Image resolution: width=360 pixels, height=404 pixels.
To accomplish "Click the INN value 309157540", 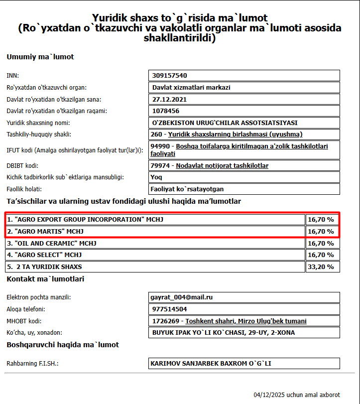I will click(169, 76).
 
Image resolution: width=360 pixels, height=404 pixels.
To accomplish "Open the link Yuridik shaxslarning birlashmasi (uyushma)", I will click(235, 134).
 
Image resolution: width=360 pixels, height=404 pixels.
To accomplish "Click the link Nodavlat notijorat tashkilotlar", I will click(222, 165).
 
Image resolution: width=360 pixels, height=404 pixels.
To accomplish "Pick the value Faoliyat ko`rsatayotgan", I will click(187, 189).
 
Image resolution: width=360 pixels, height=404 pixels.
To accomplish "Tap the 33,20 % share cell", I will click(321, 267).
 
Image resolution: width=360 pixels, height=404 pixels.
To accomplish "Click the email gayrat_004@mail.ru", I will click(182, 297).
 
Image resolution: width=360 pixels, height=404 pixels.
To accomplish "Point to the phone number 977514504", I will click(169, 309).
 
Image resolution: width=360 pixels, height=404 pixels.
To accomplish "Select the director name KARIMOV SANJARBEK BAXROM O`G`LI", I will click(211, 364).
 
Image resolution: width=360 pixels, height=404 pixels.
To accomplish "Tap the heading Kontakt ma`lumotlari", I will click(45, 279).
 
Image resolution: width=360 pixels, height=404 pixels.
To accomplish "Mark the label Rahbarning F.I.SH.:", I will click(32, 364).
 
